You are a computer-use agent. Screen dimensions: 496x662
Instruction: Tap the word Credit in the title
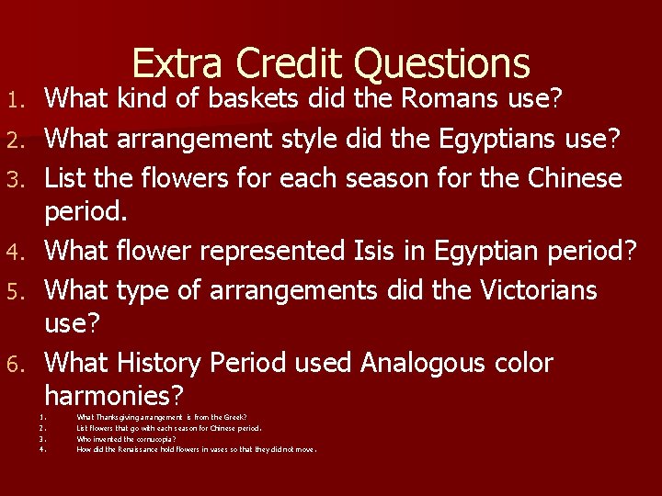pyautogui.click(x=289, y=63)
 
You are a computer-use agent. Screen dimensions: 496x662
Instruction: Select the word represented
pyautogui.click(x=267, y=250)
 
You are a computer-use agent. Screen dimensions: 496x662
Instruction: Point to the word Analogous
pyautogui.click(x=424, y=363)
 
